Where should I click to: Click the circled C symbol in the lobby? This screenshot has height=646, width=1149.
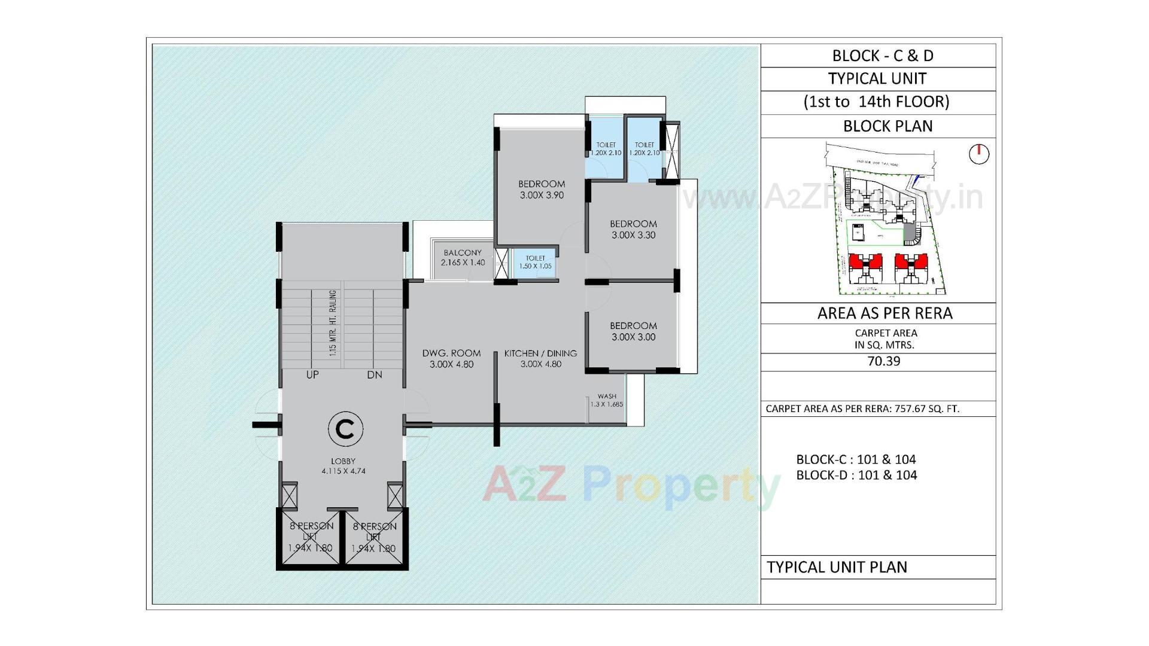point(345,429)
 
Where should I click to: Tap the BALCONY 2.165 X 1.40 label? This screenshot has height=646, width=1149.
point(463,258)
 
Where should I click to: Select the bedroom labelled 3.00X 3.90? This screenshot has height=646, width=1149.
point(541,190)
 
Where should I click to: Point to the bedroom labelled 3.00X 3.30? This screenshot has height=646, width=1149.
point(633,229)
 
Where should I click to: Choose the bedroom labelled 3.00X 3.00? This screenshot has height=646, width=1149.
point(633,331)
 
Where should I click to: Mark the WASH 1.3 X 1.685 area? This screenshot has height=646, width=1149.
point(606,400)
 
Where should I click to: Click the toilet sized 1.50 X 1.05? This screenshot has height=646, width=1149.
point(535,262)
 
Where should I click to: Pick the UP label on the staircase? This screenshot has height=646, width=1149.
point(312,375)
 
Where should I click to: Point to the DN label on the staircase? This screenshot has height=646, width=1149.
point(375,375)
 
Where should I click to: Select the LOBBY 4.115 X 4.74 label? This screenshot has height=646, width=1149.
point(343,466)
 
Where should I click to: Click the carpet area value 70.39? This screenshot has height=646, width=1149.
point(883,361)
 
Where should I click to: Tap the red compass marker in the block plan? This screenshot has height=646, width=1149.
point(978,154)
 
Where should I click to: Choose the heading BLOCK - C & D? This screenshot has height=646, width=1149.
point(882,56)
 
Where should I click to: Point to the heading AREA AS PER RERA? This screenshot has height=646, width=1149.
point(884,313)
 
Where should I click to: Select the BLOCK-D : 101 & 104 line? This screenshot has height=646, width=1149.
point(856,475)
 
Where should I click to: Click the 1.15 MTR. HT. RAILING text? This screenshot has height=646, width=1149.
point(333,323)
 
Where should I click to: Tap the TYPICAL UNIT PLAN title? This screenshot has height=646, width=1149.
point(837,567)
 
